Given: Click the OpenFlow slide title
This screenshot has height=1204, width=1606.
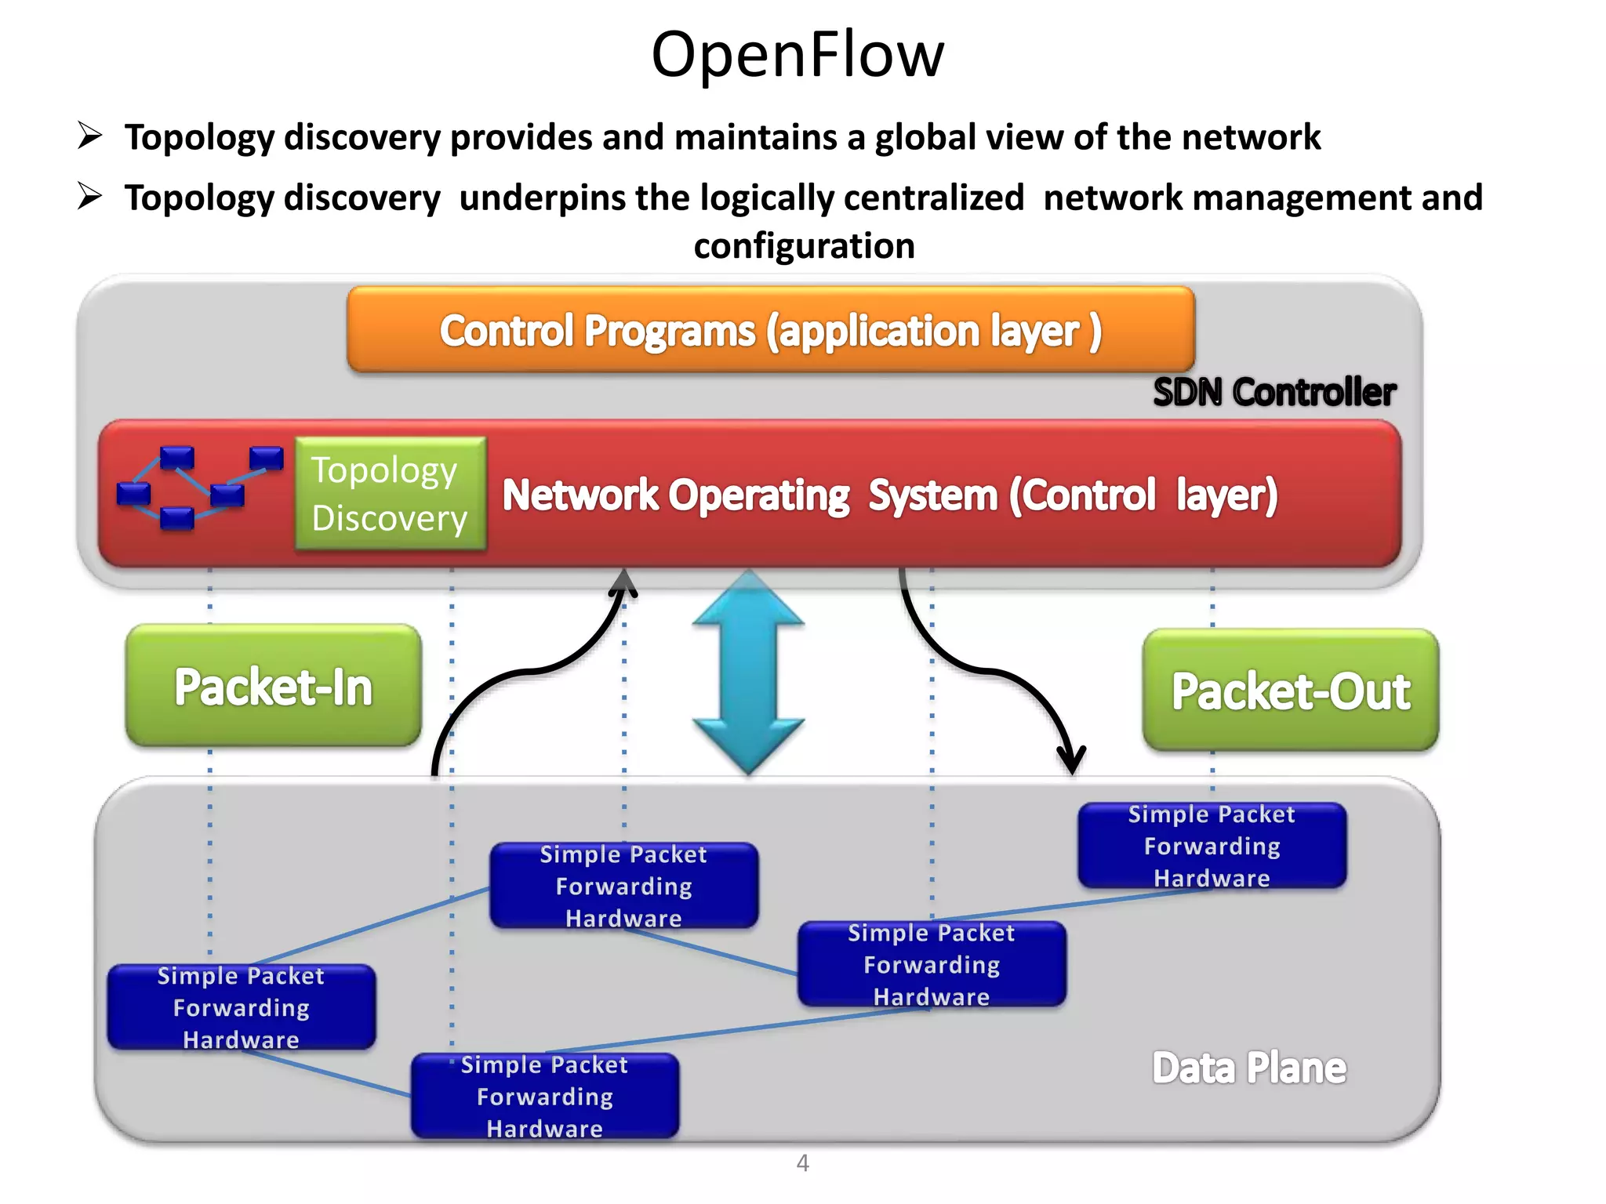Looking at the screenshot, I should pos(798,55).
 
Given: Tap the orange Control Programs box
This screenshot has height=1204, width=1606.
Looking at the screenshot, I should pos(770,330).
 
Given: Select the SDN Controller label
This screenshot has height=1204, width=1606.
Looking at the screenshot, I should pos(1274,392).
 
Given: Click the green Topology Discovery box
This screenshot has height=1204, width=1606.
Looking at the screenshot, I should pos(390,494).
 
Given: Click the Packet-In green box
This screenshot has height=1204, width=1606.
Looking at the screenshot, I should pos(273,686).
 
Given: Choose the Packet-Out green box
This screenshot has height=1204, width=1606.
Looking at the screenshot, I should pos(1290,691).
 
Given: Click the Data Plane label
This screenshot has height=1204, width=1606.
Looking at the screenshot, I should pos(1248,1068).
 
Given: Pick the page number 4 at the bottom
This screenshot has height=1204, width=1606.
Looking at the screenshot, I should pos(802,1162).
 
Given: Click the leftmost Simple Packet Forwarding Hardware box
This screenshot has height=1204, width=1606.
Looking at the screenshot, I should pos(241,1007).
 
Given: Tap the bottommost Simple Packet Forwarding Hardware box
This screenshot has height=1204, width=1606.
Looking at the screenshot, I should pos(544,1096).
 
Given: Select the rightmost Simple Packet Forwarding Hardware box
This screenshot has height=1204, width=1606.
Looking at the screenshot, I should pos(1212,846).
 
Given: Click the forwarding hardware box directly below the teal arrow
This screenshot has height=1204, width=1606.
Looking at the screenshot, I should pos(623,886).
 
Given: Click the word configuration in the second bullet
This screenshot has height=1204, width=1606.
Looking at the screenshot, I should pos(804,246).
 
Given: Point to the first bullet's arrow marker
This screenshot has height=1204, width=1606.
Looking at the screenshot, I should pos(90,136).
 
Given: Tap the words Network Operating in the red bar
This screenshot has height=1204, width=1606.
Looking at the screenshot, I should pos(675,495).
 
